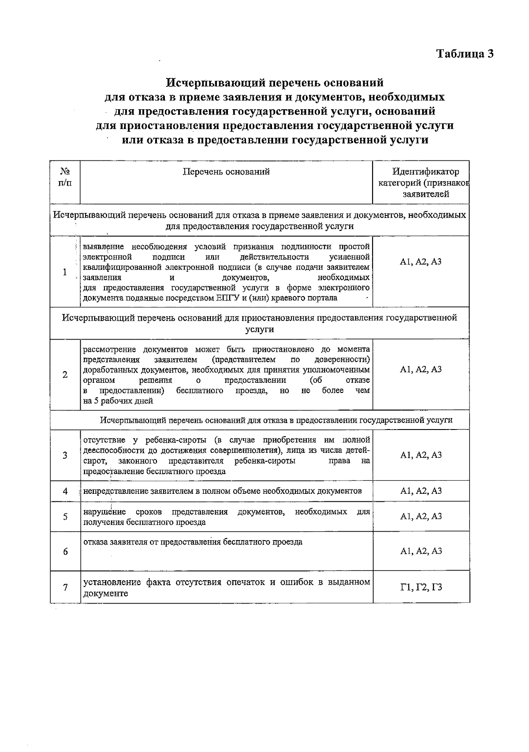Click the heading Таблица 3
[x=465, y=54]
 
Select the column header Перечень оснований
[x=226, y=172]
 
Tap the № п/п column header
[x=65, y=177]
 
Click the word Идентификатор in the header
[x=425, y=172]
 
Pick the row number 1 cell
[x=65, y=272]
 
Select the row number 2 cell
[x=65, y=375]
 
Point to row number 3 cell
[x=65, y=455]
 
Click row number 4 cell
[x=65, y=491]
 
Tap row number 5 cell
[x=65, y=516]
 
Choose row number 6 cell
[x=65, y=552]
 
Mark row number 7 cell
[x=65, y=588]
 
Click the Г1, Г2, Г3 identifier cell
[x=421, y=587]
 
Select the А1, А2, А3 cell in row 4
[x=421, y=491]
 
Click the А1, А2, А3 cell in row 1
[x=421, y=262]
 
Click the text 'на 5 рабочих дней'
[x=118, y=401]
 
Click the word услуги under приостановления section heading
[x=260, y=329]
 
